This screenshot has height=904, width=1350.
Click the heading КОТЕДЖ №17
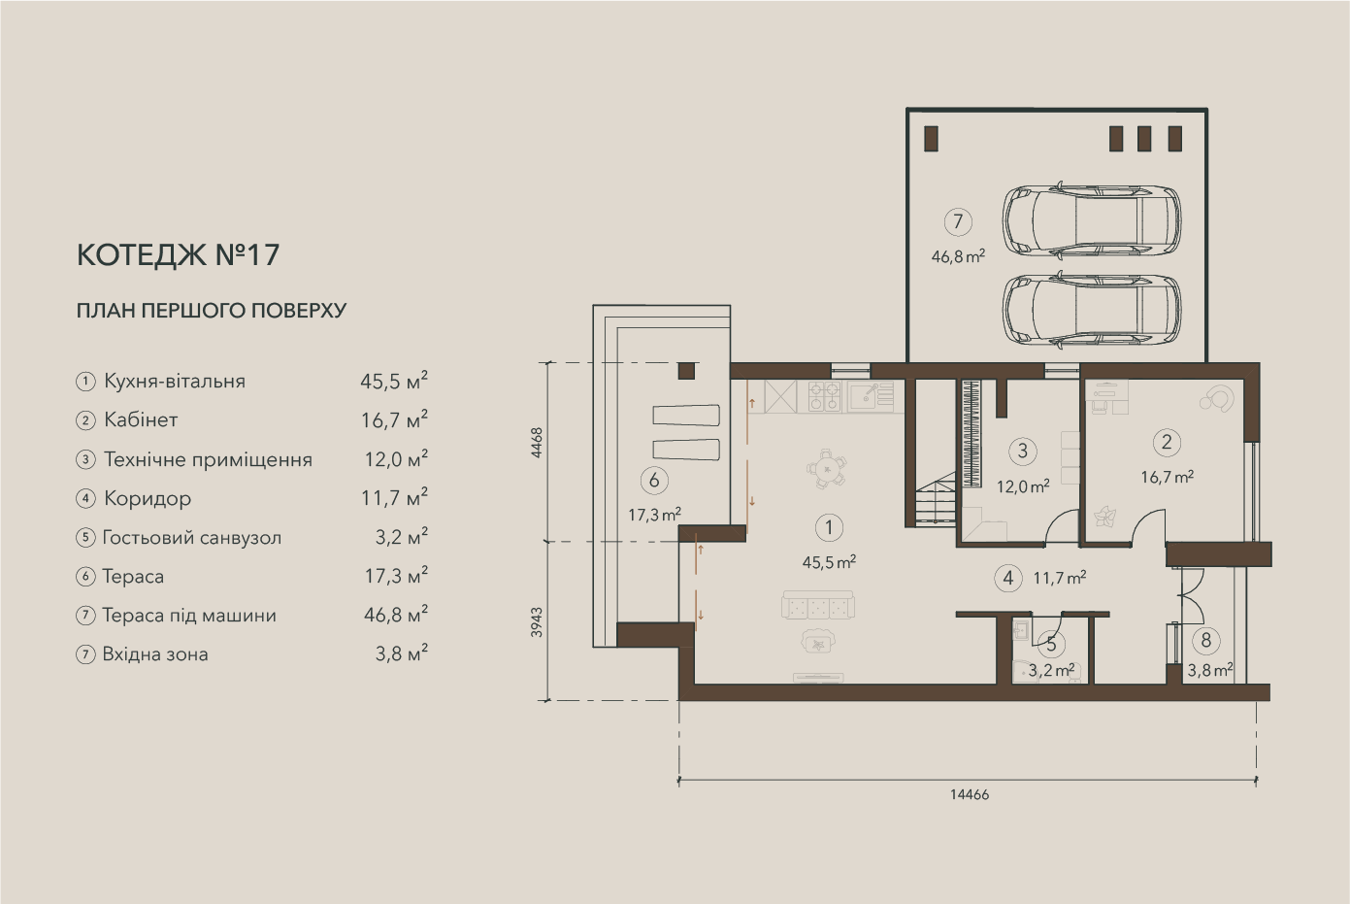click(178, 255)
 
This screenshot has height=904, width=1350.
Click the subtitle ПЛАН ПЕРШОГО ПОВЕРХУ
click(212, 311)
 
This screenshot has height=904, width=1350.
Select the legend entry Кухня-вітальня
click(175, 382)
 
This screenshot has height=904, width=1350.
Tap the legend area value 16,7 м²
click(394, 419)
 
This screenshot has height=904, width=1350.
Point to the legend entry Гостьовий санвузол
click(191, 537)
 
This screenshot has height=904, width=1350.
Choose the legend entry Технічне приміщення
click(208, 459)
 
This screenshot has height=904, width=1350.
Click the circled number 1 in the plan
click(829, 527)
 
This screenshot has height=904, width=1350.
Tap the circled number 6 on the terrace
click(654, 481)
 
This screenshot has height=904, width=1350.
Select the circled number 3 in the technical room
click(1022, 452)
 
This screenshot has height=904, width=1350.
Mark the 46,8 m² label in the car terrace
click(958, 256)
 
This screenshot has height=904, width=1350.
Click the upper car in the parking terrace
click(1092, 221)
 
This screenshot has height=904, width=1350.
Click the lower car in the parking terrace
click(1092, 310)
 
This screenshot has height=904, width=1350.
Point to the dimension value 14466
click(970, 795)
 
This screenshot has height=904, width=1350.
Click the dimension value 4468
click(537, 443)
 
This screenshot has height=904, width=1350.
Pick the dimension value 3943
click(537, 622)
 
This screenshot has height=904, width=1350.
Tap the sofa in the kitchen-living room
click(818, 606)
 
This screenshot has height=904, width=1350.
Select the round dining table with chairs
click(826, 468)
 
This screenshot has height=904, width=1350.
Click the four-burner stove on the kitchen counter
click(825, 396)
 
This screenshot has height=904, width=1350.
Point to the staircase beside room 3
click(936, 499)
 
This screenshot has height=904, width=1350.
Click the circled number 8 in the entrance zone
click(1206, 641)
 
